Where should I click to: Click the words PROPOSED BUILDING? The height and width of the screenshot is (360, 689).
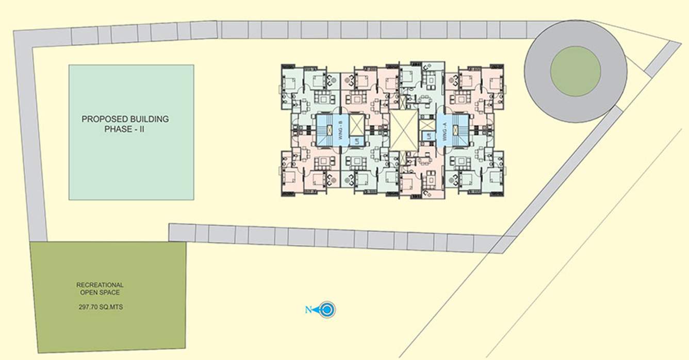pyautogui.click(x=125, y=119)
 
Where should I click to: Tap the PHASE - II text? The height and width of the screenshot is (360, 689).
pyautogui.click(x=124, y=129)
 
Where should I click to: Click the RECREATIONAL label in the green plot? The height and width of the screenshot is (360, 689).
pyautogui.click(x=100, y=285)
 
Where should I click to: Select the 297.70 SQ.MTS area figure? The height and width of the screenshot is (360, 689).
pyautogui.click(x=100, y=307)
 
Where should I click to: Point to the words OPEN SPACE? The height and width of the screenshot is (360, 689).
pyautogui.click(x=100, y=292)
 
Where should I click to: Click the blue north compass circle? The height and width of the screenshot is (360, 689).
pyautogui.click(x=327, y=310)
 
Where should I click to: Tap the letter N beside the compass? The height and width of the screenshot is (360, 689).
pyautogui.click(x=308, y=310)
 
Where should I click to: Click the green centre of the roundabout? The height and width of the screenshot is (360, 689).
pyautogui.click(x=575, y=71)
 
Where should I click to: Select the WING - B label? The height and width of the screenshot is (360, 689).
pyautogui.click(x=342, y=128)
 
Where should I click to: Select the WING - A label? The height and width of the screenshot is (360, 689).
pyautogui.click(x=442, y=128)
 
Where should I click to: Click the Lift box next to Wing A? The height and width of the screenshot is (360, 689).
pyautogui.click(x=428, y=136)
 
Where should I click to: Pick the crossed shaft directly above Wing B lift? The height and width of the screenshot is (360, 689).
pyautogui.click(x=356, y=125)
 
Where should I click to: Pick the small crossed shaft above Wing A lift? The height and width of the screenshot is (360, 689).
pyautogui.click(x=428, y=124)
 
